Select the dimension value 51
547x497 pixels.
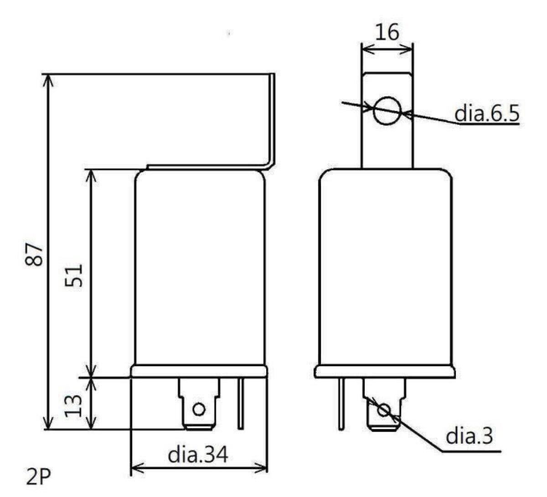coord(73,274)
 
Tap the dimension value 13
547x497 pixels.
coord(73,405)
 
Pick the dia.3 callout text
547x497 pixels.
coord(469,437)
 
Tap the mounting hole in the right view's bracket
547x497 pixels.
coord(387,111)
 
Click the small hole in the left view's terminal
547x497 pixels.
coord(198,409)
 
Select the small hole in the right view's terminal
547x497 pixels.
coord(384,410)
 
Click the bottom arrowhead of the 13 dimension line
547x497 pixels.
coord(93,425)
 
